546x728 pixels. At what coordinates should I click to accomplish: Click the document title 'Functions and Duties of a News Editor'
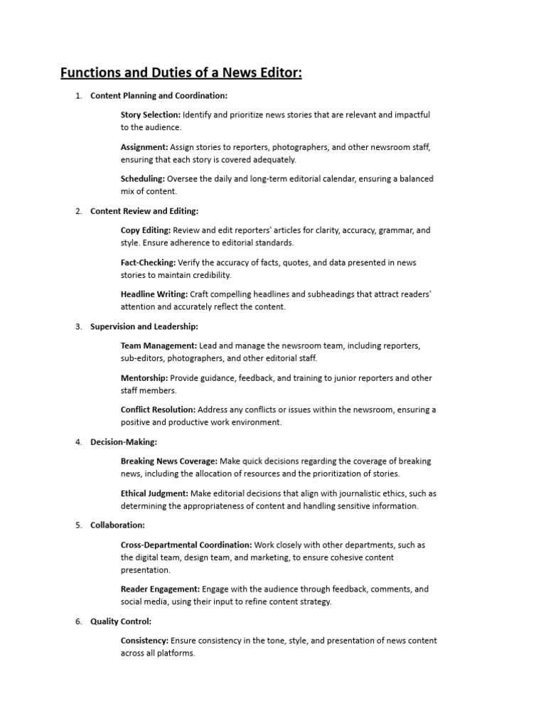pos(181,73)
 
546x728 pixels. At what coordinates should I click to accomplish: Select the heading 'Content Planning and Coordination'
pos(159,95)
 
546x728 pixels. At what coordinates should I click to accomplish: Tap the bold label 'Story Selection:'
pos(150,114)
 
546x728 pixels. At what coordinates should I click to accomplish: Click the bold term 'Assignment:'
pos(144,146)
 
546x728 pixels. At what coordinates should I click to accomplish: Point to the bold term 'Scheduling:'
pos(143,178)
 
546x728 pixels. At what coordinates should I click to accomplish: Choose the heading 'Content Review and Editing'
pos(144,211)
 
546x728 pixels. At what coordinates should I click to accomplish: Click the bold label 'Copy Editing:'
pos(146,230)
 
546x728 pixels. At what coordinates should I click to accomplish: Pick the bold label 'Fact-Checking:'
pos(148,262)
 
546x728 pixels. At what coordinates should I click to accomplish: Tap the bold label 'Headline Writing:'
pos(154,294)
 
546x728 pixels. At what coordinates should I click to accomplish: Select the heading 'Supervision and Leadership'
pos(144,326)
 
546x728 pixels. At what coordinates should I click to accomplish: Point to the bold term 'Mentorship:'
pos(144,378)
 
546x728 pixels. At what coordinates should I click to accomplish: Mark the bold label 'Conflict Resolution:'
pos(158,409)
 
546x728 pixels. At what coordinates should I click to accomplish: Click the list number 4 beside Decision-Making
pos(78,442)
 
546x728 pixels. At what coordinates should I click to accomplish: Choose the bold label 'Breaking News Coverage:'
pos(169,461)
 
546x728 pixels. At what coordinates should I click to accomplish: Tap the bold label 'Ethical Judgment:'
pos(154,493)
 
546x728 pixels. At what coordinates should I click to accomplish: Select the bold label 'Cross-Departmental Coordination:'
pos(186,545)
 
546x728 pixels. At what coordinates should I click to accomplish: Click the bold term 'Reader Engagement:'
pos(160,589)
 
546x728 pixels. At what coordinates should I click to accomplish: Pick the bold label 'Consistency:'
pos(144,641)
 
